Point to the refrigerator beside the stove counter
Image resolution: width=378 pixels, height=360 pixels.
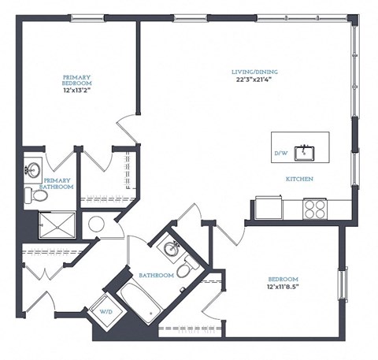(265, 209)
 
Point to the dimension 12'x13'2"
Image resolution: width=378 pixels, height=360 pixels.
(77, 90)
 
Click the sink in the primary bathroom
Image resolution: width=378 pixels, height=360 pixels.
(31, 169)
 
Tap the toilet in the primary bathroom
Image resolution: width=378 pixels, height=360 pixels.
(31, 195)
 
